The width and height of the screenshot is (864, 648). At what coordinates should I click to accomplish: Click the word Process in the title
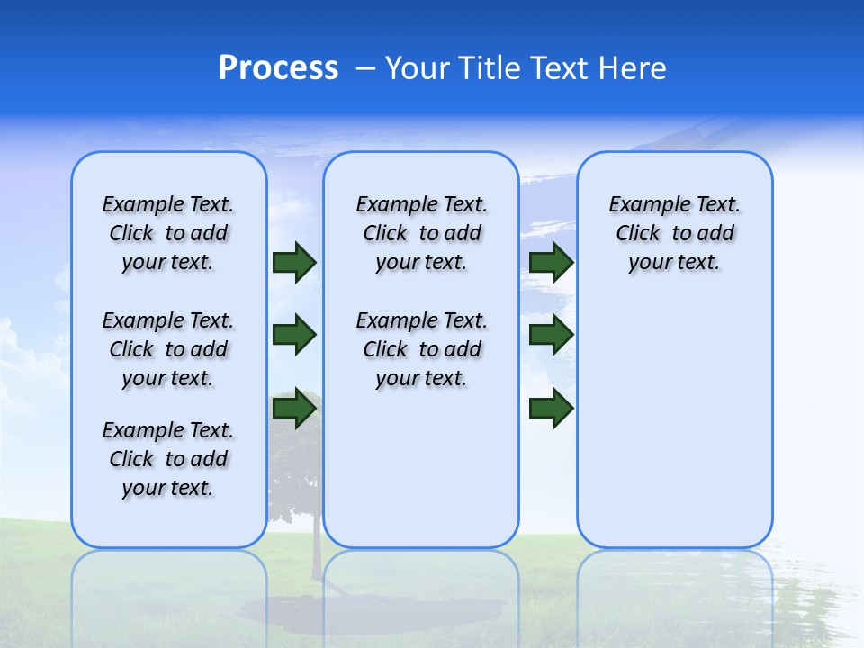click(278, 68)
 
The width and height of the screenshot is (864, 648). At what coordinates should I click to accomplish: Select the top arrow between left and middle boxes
click(294, 263)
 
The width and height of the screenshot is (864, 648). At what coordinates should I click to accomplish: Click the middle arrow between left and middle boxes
click(294, 335)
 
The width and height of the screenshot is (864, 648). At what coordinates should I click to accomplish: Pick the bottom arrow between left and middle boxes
click(294, 408)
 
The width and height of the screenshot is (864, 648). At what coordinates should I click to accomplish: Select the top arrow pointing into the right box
click(551, 263)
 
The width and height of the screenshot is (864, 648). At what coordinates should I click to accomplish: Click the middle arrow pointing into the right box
click(551, 335)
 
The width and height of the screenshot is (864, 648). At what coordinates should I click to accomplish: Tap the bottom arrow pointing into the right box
click(551, 408)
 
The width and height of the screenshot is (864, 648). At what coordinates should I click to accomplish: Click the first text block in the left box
click(168, 233)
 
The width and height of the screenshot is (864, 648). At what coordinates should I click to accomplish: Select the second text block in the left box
click(168, 349)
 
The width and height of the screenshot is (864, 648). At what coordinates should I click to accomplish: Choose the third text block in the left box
click(168, 459)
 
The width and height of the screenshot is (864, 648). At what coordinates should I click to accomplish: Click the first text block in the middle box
click(422, 233)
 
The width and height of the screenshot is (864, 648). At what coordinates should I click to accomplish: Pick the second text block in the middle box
click(422, 349)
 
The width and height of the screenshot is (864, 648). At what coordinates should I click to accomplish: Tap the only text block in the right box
click(675, 233)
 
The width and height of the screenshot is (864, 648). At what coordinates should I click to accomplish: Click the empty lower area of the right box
click(675, 432)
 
